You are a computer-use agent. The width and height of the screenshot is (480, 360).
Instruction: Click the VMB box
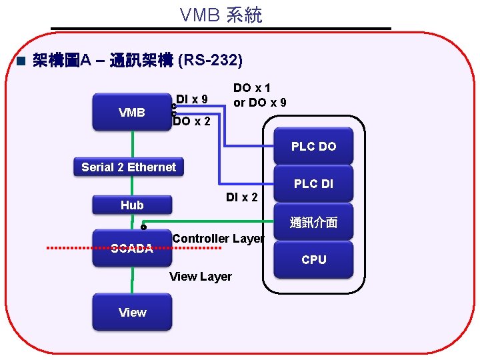tap(132, 112)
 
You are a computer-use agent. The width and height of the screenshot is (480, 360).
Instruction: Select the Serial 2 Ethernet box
tap(129, 167)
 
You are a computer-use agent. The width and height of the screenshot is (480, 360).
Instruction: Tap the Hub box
tap(132, 205)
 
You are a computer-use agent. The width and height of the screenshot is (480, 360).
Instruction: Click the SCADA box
tap(132, 249)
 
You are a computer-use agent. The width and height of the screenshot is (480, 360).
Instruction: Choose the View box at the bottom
tap(132, 313)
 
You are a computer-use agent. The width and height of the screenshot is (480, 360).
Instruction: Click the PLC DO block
tap(313, 147)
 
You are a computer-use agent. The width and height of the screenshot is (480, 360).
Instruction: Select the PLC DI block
tap(313, 184)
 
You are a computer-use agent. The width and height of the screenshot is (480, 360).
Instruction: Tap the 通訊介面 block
tap(313, 223)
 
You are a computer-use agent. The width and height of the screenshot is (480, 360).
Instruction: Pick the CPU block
tap(313, 260)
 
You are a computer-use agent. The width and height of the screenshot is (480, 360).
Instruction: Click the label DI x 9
tap(192, 100)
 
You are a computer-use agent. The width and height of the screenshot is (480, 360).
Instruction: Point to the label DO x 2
tap(192, 121)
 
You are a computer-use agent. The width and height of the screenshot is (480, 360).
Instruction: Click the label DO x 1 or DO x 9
tap(259, 95)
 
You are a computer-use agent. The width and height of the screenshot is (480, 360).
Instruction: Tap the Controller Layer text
tap(218, 239)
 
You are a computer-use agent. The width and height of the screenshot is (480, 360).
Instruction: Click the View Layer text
tap(201, 277)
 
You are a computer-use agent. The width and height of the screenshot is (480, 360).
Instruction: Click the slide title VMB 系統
tap(221, 15)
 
